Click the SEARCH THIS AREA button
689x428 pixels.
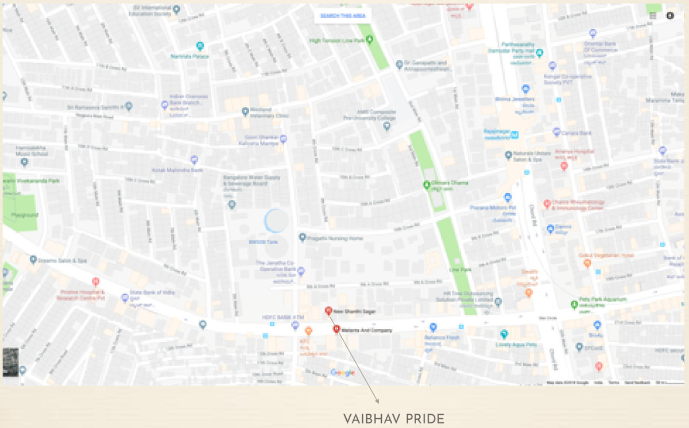339,16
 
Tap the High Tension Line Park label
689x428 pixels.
337,41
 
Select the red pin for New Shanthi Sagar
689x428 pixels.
328,311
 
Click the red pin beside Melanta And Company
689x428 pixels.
336,329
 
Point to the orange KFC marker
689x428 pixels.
308,331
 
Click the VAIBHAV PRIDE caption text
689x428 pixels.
394,418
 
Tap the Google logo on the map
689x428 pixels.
342,372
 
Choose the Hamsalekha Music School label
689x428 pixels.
32,151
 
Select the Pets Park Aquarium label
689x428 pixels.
602,300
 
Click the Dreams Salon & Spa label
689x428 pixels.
63,260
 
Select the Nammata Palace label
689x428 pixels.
190,56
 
